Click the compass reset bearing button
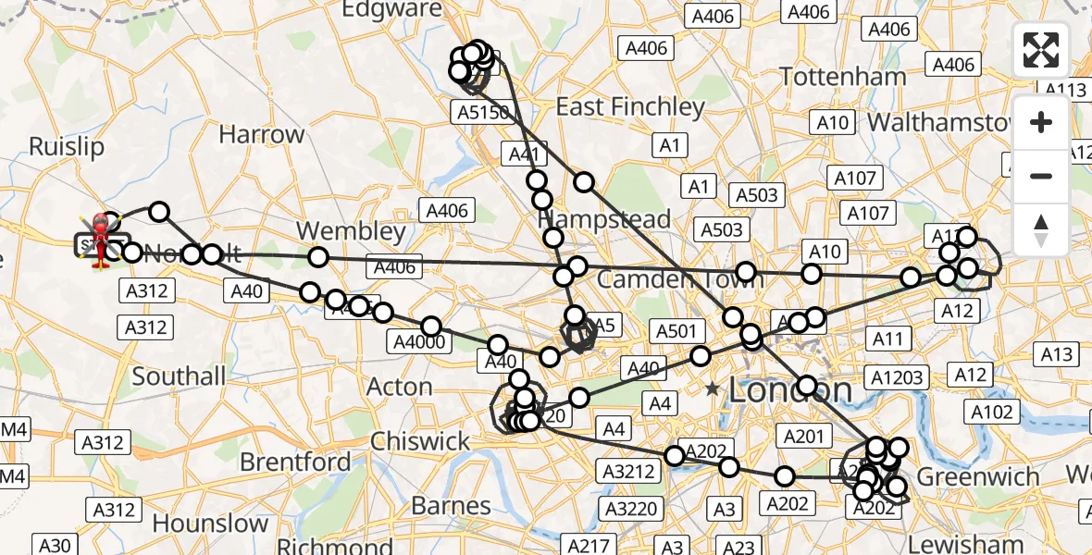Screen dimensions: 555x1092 [x=1041, y=229]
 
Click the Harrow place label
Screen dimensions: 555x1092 [x=261, y=134]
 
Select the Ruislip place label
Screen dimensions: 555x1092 [x=67, y=146]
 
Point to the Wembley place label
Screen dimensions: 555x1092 [x=352, y=230]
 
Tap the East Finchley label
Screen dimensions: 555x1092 [x=630, y=107]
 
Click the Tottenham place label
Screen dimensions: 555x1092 [x=843, y=76]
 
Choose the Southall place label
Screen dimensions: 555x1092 [x=179, y=376]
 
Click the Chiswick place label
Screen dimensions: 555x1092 [x=421, y=441]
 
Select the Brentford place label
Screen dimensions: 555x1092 [x=295, y=462]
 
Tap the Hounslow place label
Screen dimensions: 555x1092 [x=210, y=523]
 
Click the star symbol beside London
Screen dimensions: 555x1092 [x=712, y=389]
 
